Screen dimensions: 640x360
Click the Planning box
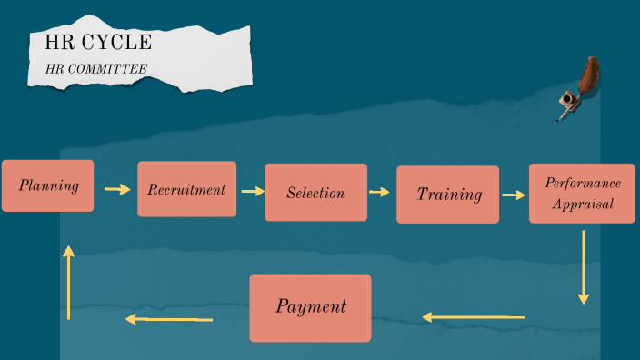(x=47, y=185)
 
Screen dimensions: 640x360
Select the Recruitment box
(x=186, y=189)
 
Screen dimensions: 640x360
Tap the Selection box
(x=315, y=193)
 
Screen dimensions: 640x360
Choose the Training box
(x=447, y=195)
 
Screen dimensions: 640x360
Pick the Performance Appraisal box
(x=583, y=194)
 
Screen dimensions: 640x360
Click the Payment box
(x=310, y=307)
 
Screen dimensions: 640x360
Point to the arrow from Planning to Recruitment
(x=117, y=189)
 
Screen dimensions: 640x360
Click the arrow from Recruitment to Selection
(x=253, y=191)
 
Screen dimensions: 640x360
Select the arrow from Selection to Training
(x=379, y=192)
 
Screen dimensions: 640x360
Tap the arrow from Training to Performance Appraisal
(x=514, y=195)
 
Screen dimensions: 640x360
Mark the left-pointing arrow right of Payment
(x=473, y=317)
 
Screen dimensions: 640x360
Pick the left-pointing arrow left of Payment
(x=169, y=319)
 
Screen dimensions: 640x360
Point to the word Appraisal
(x=583, y=204)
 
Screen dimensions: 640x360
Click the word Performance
(x=583, y=184)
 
